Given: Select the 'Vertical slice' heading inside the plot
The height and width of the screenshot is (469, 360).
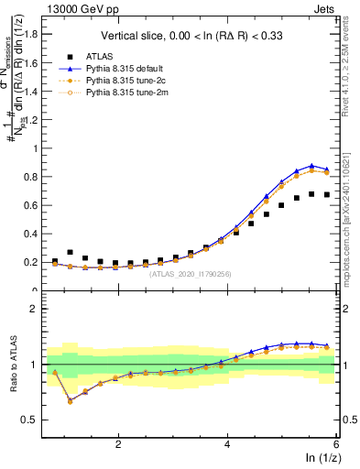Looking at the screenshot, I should point(194,35).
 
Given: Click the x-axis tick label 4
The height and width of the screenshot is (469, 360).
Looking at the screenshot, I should point(227,445).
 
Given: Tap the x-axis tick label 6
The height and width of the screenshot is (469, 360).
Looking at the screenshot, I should point(336,445).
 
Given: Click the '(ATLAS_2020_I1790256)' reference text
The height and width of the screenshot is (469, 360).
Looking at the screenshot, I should point(194,273).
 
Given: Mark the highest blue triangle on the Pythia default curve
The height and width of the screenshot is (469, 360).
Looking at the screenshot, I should point(312,166).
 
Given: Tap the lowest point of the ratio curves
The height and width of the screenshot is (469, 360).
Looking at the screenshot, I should point(71,401).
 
